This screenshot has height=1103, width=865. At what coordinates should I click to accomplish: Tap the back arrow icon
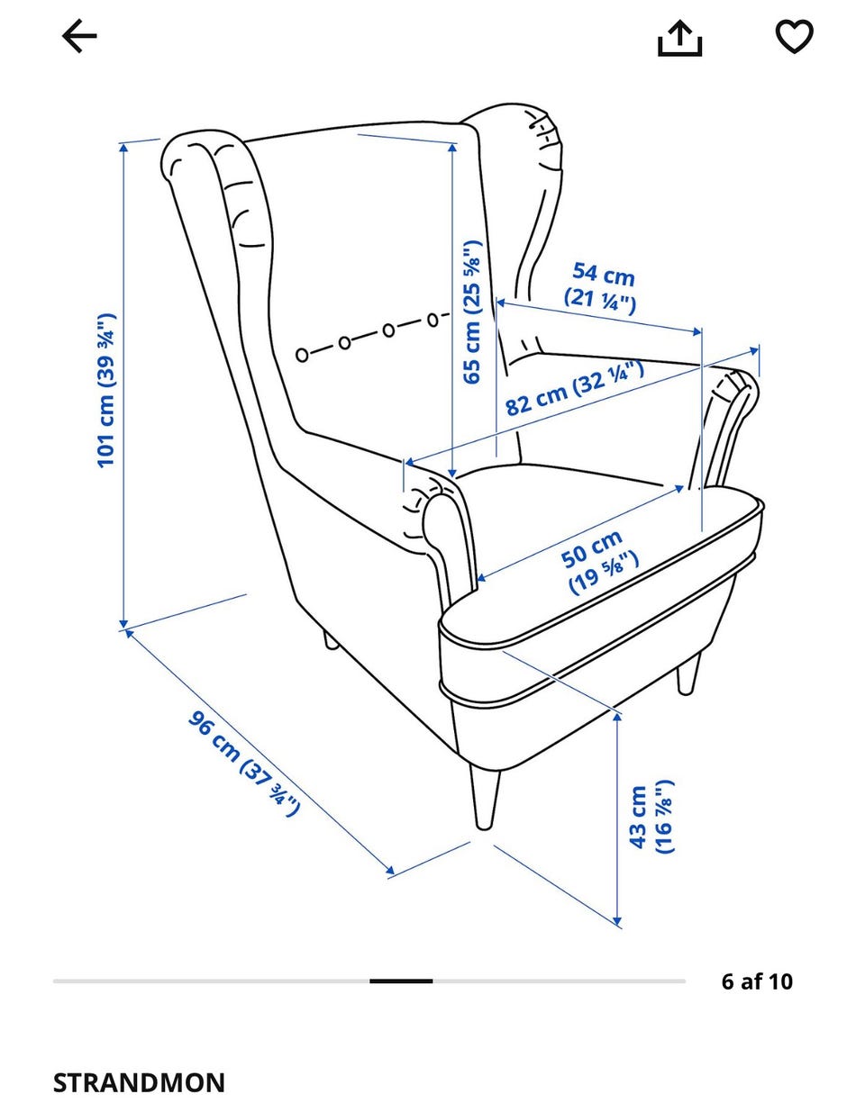pyautogui.click(x=79, y=36)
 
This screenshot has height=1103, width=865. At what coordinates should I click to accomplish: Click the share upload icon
pyautogui.click(x=679, y=38)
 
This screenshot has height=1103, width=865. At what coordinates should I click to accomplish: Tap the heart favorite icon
pyautogui.click(x=794, y=35)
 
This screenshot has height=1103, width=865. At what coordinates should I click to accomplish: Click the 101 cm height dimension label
pyautogui.click(x=106, y=390)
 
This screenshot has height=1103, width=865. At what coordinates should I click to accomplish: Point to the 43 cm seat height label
pyautogui.click(x=651, y=816)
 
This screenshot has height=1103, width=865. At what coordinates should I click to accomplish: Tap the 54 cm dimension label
pyautogui.click(x=601, y=287)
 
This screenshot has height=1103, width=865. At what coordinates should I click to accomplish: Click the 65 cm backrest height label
pyautogui.click(x=472, y=312)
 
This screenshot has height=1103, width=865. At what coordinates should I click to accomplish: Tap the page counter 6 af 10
pyautogui.click(x=757, y=981)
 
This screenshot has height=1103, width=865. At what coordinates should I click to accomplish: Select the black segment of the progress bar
pyautogui.click(x=401, y=981)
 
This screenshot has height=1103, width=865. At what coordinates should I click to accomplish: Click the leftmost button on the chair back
pyautogui.click(x=302, y=355)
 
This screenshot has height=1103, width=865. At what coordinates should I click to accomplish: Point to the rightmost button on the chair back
pyautogui.click(x=432, y=320)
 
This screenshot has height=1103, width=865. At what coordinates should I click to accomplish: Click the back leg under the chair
pyautogui.click(x=330, y=640)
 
